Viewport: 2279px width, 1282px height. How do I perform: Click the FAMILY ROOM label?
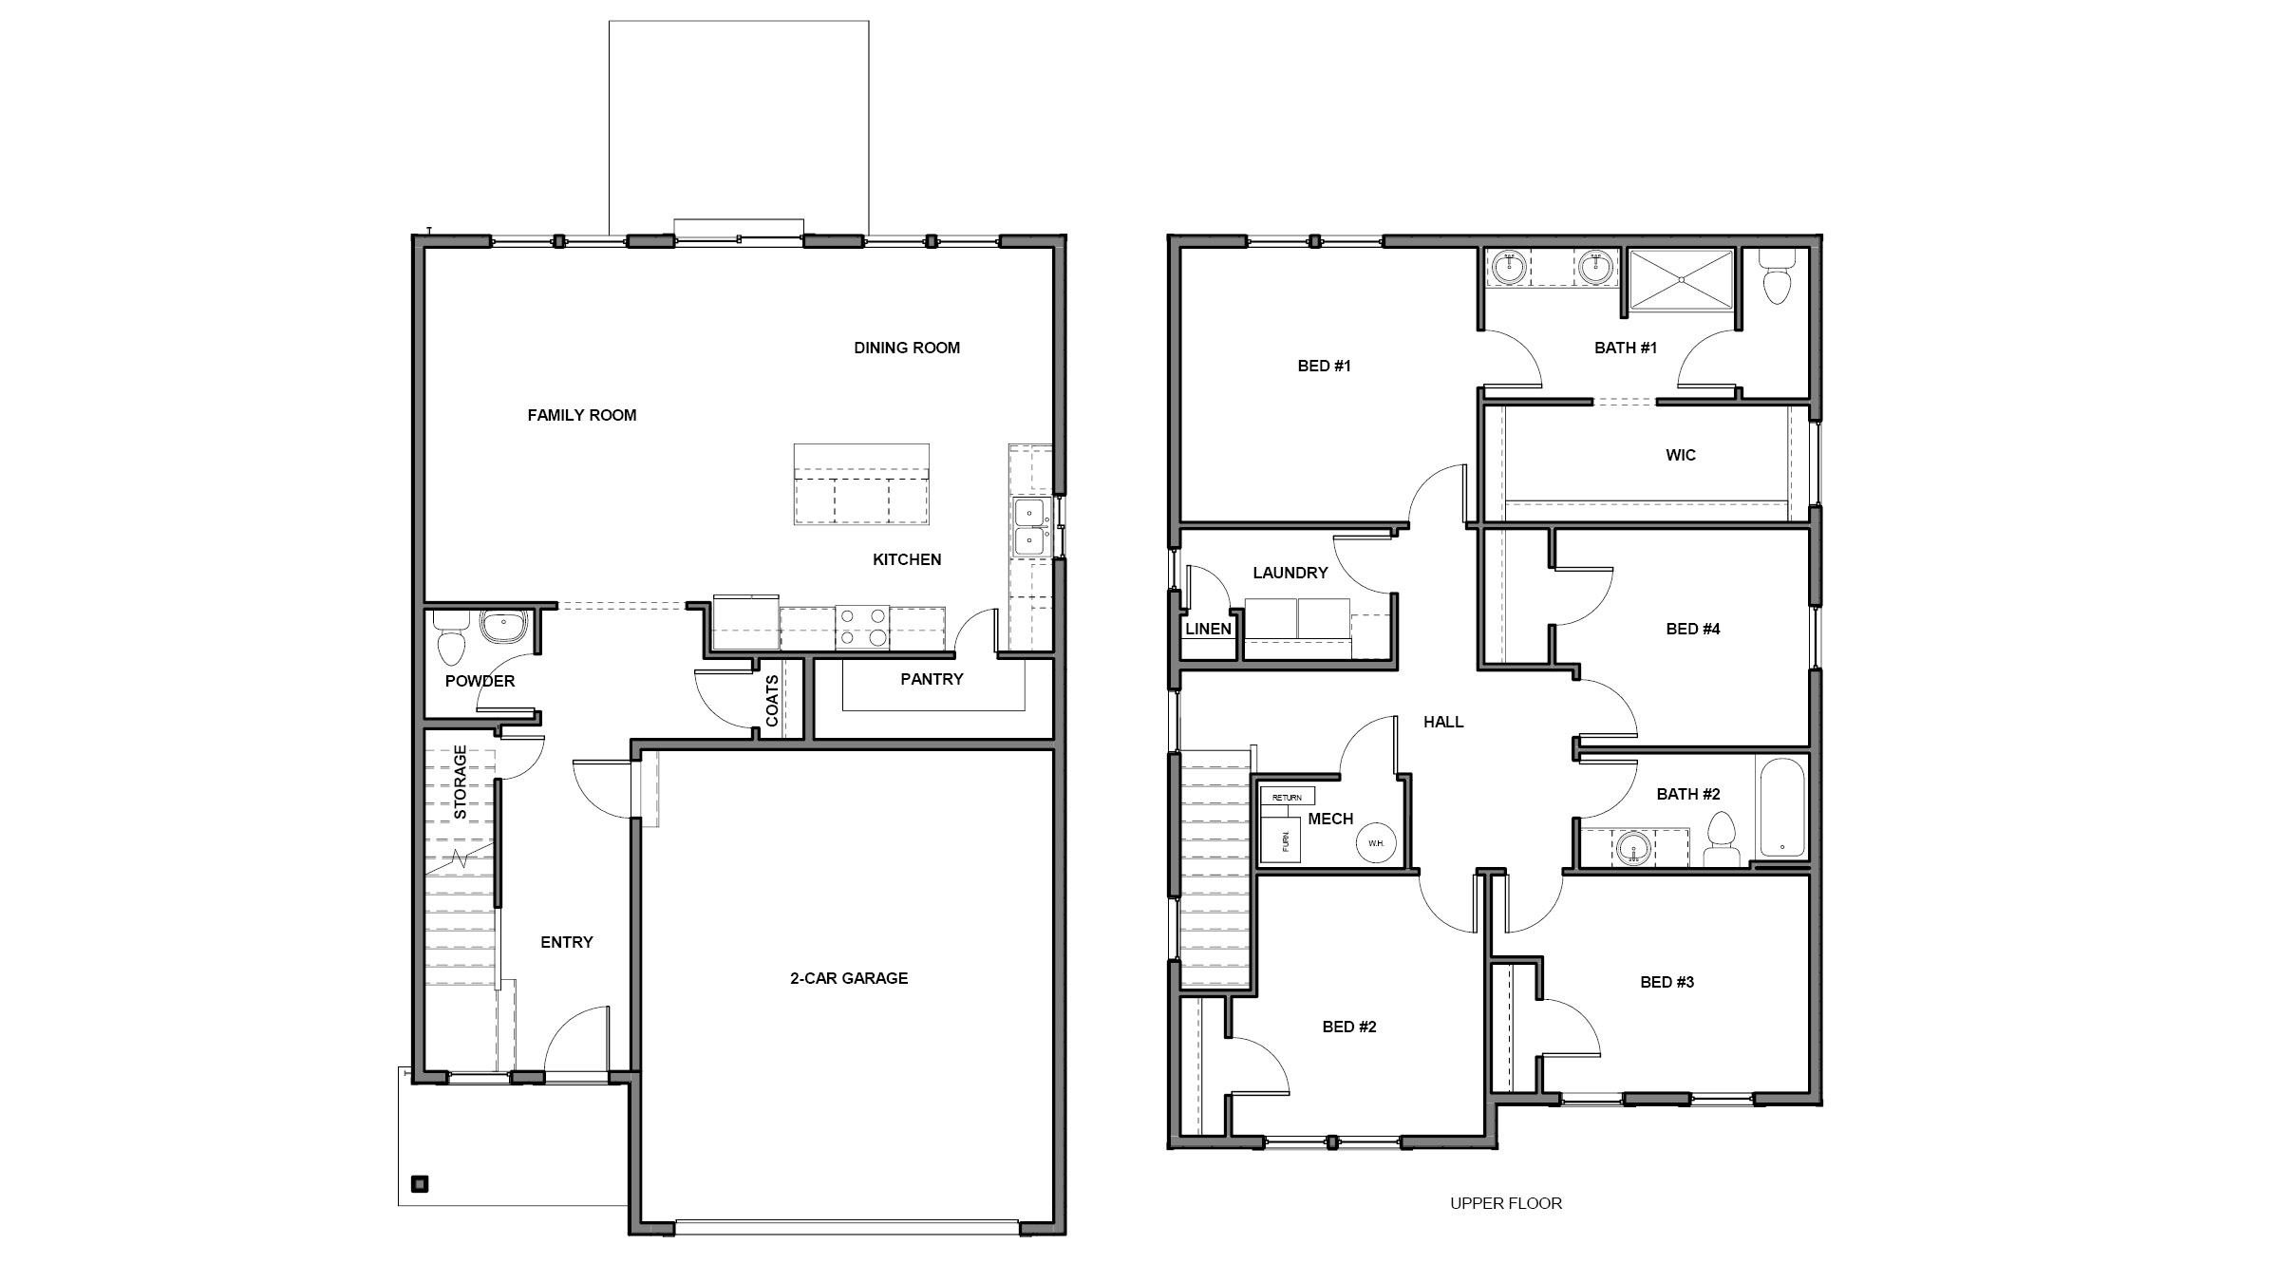581,415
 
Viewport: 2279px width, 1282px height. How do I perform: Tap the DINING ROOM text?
906,348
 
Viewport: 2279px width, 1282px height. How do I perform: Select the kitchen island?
861,484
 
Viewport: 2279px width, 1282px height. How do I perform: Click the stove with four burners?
862,628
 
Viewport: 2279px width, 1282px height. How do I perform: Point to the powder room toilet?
451,641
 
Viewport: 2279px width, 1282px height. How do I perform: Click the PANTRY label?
932,679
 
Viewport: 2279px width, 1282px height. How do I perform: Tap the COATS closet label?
772,701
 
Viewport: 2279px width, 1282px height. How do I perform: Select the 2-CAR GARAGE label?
849,978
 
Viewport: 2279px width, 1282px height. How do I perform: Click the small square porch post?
420,1183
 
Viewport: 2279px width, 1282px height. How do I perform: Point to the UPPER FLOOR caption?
1505,1203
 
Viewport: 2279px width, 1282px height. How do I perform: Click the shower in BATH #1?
1681,279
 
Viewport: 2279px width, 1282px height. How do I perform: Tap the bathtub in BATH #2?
1782,808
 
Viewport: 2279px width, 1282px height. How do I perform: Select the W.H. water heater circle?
1376,842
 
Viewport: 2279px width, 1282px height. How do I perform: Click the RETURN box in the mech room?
1287,797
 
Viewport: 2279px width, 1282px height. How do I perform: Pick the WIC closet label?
1680,455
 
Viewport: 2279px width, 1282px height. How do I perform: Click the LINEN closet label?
1208,629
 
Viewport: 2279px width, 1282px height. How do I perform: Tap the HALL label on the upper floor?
1442,722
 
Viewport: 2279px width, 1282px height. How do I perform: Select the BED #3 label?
1667,982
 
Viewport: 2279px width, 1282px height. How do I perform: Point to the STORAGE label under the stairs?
461,782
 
